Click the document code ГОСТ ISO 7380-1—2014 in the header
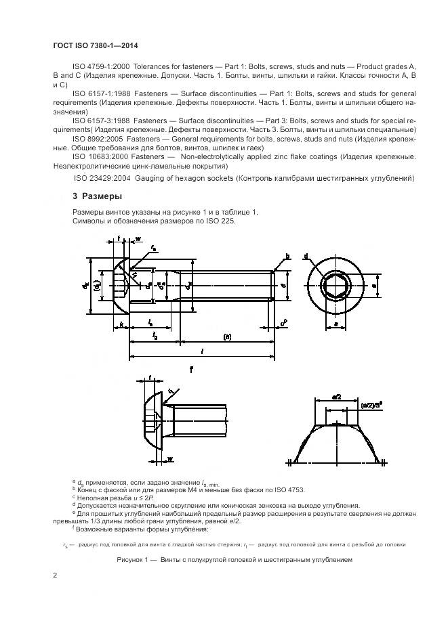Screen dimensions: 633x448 click(x=96, y=45)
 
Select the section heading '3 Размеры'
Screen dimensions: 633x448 click(x=97, y=196)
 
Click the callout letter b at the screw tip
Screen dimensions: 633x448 click(x=287, y=257)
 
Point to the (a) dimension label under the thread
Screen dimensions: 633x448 click(x=227, y=336)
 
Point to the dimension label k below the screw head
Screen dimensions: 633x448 click(x=121, y=326)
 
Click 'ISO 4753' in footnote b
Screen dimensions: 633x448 click(x=290, y=489)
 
